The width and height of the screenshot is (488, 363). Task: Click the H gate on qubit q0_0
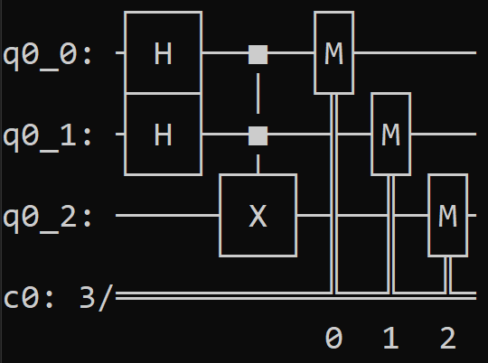click(x=163, y=52)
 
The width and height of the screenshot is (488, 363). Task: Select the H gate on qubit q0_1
click(x=163, y=134)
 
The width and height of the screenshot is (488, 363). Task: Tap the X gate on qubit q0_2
click(x=258, y=215)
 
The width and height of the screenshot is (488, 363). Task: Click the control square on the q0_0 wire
click(x=258, y=55)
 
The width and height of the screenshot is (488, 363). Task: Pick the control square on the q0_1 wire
click(x=258, y=136)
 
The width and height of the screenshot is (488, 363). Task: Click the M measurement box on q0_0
click(x=334, y=52)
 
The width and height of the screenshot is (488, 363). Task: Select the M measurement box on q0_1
click(x=391, y=134)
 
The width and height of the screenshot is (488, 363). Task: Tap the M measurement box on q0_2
click(x=448, y=215)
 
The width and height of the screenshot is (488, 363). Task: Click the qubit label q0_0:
click(x=47, y=56)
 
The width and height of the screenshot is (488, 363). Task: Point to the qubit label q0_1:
click(x=47, y=137)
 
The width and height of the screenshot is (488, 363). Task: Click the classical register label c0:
click(x=28, y=298)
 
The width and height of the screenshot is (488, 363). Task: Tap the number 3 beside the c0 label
click(x=88, y=297)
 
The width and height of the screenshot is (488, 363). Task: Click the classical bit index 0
click(x=334, y=338)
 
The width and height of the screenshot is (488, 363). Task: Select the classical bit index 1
click(x=391, y=338)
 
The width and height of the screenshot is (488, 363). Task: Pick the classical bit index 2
click(x=448, y=338)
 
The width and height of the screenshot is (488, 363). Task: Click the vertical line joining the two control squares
click(x=258, y=94)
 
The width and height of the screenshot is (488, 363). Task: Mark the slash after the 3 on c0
click(x=106, y=298)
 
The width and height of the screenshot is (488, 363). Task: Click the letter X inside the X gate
click(x=258, y=216)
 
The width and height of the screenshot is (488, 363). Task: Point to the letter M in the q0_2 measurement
click(x=448, y=216)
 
